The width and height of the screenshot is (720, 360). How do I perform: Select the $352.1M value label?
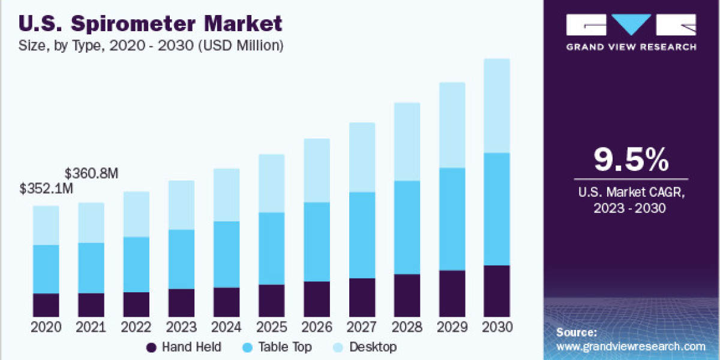click(46, 190)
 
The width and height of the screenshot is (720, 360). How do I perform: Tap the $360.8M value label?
click(91, 174)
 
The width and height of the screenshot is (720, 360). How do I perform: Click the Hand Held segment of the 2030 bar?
click(496, 290)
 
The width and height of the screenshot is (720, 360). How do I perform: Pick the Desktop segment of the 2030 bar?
click(496, 106)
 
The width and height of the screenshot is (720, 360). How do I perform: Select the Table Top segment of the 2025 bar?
click(271, 248)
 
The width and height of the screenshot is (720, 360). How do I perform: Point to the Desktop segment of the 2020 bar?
click(46, 225)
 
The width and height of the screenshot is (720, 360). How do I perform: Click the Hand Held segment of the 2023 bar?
click(181, 302)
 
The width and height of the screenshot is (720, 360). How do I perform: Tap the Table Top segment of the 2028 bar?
click(406, 227)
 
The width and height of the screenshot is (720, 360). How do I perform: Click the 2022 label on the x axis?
click(136, 328)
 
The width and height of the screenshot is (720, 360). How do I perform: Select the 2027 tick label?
click(361, 328)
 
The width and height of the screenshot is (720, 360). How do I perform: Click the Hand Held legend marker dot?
click(151, 347)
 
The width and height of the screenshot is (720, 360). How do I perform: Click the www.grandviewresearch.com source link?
click(631, 346)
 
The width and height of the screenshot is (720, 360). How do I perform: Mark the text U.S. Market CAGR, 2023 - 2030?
click(631, 200)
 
